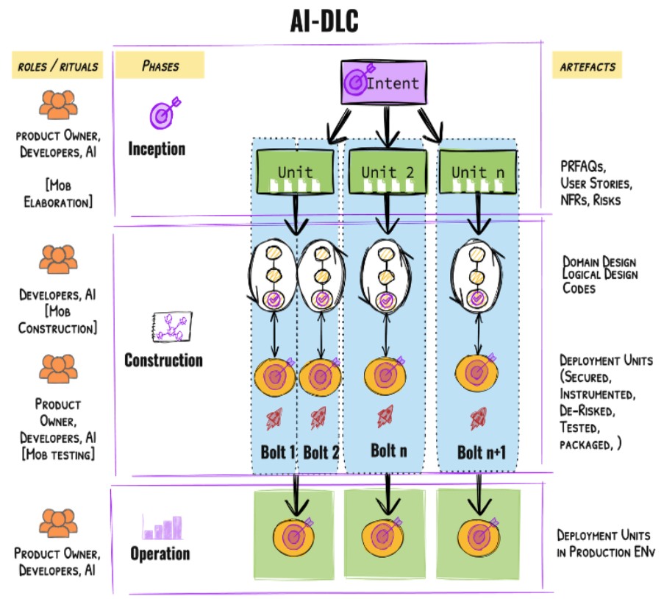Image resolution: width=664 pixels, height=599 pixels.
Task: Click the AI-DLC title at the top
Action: [x=324, y=21]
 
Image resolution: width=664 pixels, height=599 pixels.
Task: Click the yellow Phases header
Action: [x=160, y=65]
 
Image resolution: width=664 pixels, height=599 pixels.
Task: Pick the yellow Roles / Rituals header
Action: [x=57, y=66]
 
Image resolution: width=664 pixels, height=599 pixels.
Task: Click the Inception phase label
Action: [x=157, y=149]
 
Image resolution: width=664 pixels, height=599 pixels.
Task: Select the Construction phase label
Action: [x=163, y=360]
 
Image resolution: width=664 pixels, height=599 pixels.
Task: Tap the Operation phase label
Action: [x=160, y=553]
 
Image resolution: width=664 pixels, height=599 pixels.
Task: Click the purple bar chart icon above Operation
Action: [x=163, y=526]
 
